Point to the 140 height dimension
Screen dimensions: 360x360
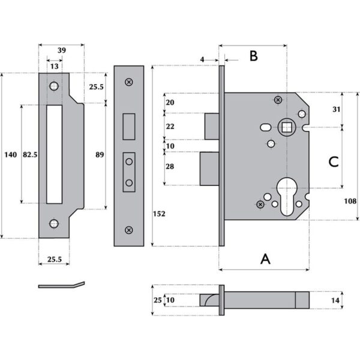(10, 155)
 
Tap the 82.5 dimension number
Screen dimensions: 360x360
(30, 155)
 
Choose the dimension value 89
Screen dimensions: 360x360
(100, 155)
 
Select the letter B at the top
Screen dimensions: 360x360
(253, 56)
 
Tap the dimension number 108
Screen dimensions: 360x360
(351, 202)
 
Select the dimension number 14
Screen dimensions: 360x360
(335, 299)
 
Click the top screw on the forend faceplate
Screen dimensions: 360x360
(128, 82)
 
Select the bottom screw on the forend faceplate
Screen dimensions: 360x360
(128, 230)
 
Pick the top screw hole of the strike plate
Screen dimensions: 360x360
(55, 86)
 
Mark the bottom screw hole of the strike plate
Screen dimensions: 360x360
(55, 224)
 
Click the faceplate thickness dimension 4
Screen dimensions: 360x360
(203, 59)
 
